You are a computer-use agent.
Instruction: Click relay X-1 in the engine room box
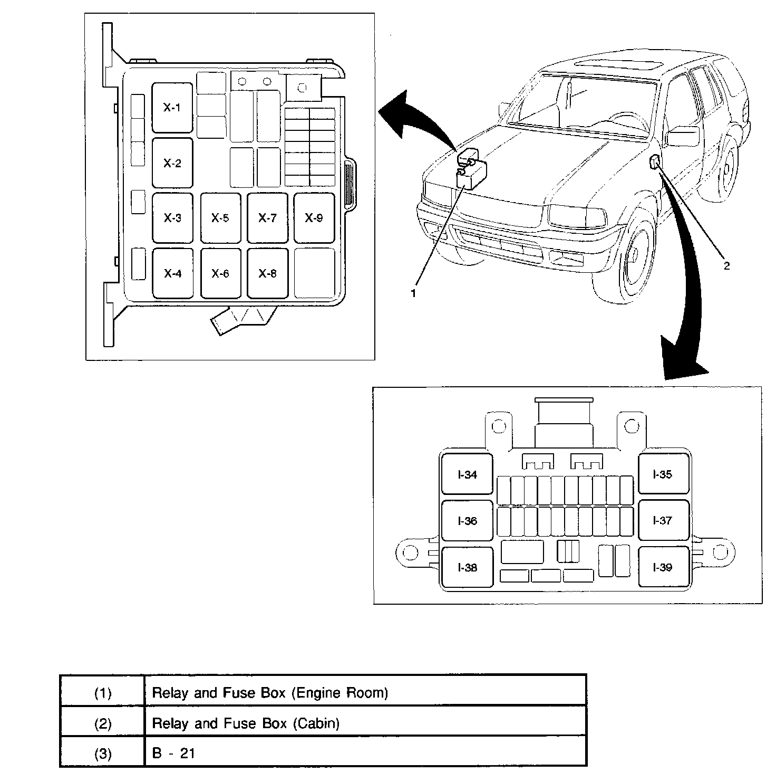click(172, 108)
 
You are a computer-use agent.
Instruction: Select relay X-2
click(172, 163)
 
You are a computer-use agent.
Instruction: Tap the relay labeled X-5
click(220, 218)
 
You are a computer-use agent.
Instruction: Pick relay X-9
click(314, 218)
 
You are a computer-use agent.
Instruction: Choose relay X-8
click(267, 273)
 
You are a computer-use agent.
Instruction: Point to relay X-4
click(172, 273)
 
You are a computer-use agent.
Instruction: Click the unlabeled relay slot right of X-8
click(314, 273)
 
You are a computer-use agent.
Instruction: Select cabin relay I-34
click(467, 474)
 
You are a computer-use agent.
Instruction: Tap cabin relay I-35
click(663, 474)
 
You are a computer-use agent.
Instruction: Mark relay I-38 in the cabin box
click(467, 568)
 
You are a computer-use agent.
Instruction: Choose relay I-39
click(663, 568)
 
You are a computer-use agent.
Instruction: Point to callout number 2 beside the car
click(726, 266)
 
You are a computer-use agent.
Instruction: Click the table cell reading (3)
click(103, 754)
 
